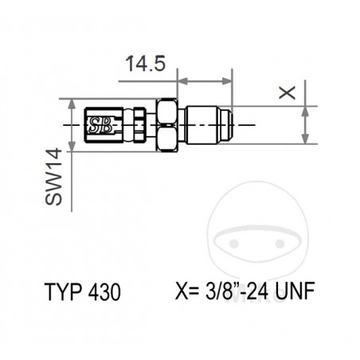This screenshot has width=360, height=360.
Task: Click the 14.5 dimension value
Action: [144, 64]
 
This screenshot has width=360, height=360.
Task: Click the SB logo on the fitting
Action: [100, 123]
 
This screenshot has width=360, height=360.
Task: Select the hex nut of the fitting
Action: [168, 124]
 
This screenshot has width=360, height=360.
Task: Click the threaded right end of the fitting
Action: [226, 124]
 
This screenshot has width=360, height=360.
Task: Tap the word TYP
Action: [61, 292]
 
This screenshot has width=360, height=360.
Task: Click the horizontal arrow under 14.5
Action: [204, 81]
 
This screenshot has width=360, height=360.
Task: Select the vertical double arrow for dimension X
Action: [304, 124]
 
